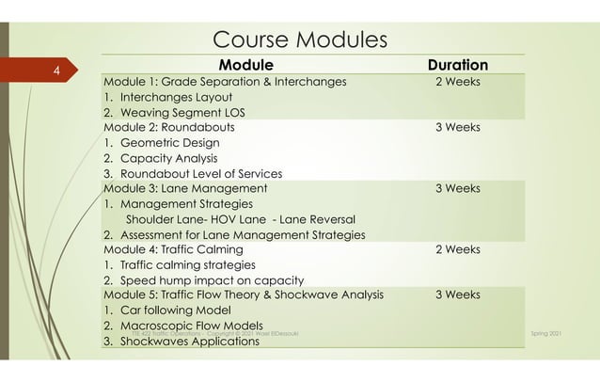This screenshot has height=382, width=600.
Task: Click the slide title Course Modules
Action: [x=300, y=40]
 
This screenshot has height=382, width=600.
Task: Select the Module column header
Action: [x=245, y=66]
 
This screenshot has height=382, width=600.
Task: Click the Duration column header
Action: [x=457, y=66]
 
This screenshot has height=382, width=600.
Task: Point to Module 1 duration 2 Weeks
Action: [x=457, y=82]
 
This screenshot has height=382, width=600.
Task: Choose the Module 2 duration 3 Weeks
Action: [x=457, y=127]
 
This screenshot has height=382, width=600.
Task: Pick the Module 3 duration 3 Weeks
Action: [x=457, y=188]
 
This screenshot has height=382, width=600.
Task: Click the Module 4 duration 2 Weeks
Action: [x=457, y=249]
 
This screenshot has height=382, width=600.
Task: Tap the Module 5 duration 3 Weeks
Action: [x=457, y=295]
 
